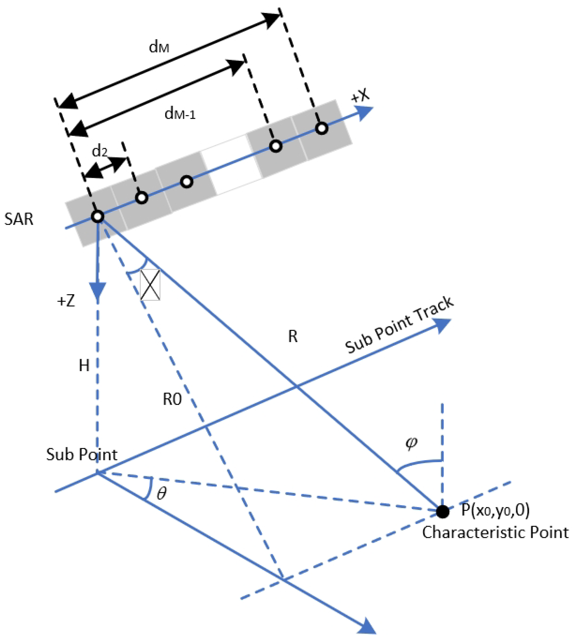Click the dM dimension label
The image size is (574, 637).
159,47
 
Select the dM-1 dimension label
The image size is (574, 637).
180,114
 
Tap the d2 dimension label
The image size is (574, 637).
100,152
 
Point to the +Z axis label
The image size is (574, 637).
66,301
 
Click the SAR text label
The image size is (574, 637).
19,219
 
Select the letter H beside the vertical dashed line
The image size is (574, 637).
84,366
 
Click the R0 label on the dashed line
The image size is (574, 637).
172,400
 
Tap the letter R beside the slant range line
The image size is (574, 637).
293,337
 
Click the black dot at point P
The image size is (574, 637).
442,512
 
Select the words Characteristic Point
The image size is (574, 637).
495,532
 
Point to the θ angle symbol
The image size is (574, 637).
161,493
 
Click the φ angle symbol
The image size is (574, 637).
411,443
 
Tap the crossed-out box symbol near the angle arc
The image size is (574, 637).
150,285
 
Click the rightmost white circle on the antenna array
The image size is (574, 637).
322,128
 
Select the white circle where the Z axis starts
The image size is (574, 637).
97,217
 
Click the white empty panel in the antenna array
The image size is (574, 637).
231,164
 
